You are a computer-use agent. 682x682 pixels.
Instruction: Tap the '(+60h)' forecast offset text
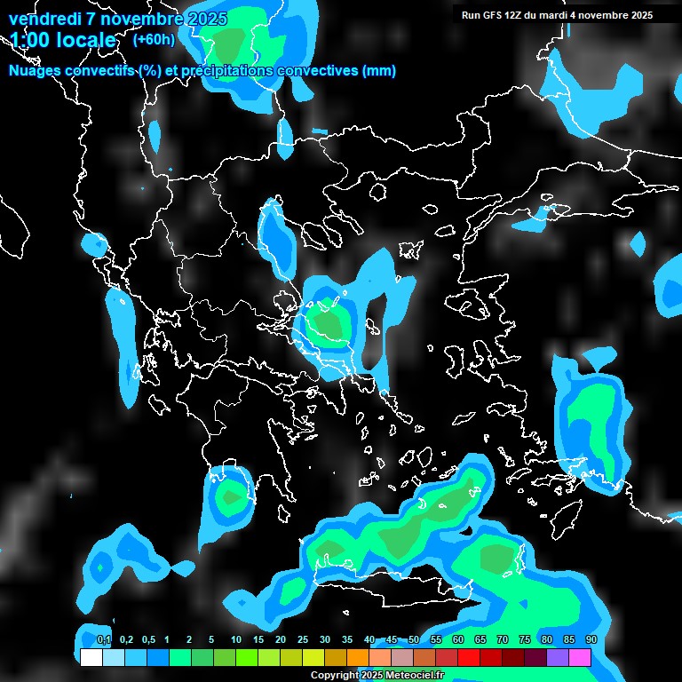(154, 39)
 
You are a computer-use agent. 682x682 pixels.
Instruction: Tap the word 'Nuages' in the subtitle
(33, 71)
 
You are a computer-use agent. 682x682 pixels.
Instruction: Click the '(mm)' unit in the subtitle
(379, 71)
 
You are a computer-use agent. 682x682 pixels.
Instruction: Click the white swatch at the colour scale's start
(91, 657)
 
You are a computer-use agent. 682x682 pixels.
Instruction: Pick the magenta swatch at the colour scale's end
(580, 657)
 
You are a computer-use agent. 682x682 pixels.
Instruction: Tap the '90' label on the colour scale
(591, 640)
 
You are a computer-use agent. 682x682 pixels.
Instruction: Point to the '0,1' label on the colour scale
(104, 640)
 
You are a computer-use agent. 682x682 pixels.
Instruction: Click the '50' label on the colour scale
(414, 640)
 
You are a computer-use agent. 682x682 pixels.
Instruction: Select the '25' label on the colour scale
(303, 640)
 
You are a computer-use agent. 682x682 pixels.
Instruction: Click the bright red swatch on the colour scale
(469, 657)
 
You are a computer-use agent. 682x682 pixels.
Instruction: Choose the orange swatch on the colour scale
(358, 657)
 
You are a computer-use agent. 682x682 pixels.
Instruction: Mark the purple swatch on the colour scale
(558, 657)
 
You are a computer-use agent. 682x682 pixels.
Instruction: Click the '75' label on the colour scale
(525, 640)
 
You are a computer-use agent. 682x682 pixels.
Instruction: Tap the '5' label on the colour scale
(211, 640)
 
